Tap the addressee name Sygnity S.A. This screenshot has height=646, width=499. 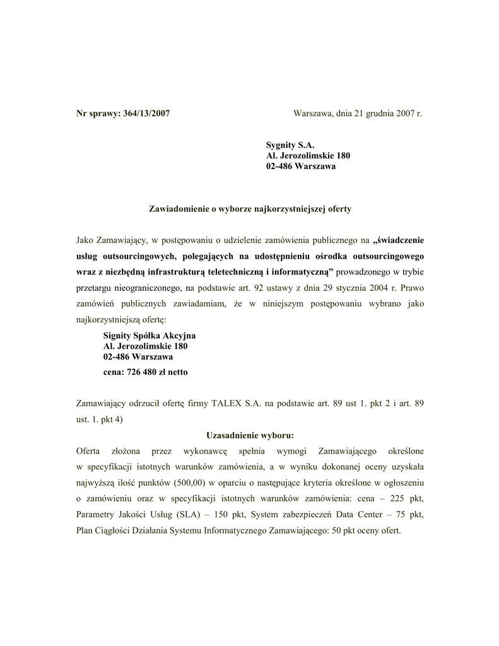289,145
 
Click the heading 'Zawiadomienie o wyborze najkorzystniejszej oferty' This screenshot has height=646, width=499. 250,208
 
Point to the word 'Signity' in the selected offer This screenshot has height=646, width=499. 118,336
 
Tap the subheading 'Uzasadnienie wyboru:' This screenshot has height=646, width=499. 250,435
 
